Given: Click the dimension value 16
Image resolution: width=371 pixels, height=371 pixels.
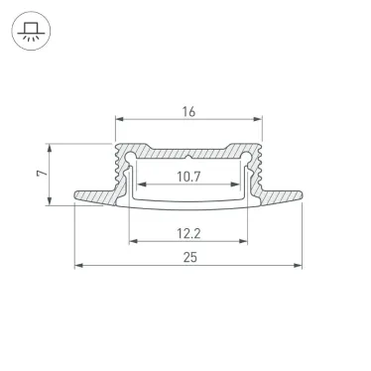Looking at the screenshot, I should tap(188, 112).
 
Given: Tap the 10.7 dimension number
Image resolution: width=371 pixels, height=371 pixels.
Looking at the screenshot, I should tap(188, 178).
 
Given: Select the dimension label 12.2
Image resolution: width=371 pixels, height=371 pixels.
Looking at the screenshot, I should tap(188, 234).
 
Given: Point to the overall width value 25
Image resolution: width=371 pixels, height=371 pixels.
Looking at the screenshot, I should tap(188, 257).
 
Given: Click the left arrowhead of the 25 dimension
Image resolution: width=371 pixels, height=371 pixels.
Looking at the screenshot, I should tap(78, 265).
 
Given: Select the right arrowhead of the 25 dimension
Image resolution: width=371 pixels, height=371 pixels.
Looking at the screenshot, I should tap(300, 265).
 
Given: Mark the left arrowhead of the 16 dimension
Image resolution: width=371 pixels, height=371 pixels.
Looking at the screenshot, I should tap(120, 122).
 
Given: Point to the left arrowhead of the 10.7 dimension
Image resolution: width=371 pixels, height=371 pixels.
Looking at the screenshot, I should tap(139, 185).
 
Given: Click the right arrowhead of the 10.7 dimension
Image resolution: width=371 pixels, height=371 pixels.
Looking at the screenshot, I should tap(239, 185).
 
